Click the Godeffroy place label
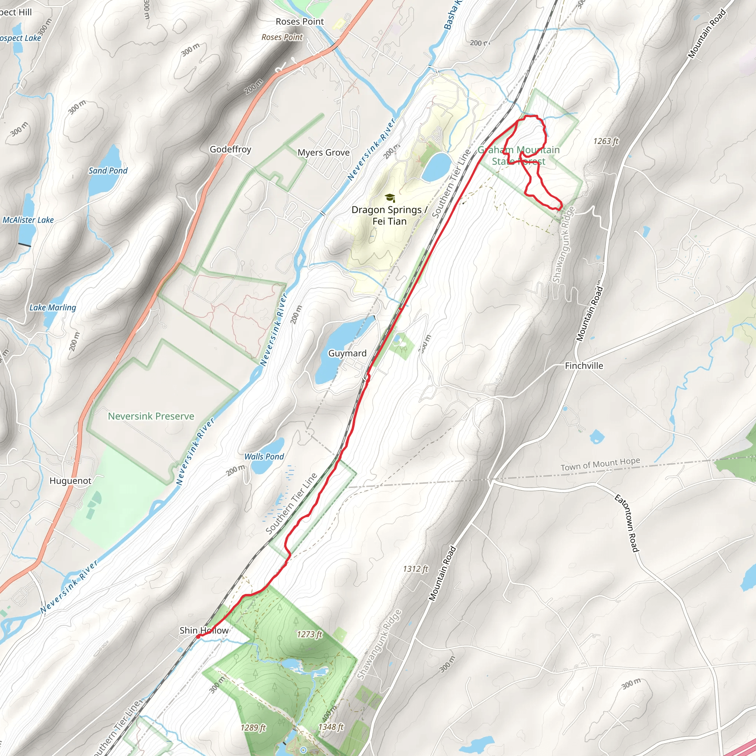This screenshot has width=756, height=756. pyautogui.click(x=230, y=149)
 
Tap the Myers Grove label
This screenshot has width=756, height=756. pyautogui.click(x=324, y=152)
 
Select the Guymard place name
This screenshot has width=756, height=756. pyautogui.click(x=347, y=353)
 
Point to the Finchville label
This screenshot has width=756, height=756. pyautogui.click(x=584, y=365)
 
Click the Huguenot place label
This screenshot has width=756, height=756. pyautogui.click(x=71, y=481)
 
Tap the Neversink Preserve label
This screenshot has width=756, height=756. pyautogui.click(x=151, y=416)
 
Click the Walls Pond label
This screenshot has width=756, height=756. pyautogui.click(x=264, y=456)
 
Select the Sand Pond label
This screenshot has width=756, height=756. pyautogui.click(x=108, y=171)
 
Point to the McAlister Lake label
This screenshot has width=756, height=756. pyautogui.click(x=28, y=220)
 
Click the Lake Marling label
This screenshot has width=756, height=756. pyautogui.click(x=53, y=307)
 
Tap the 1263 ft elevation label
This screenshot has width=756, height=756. pyautogui.click(x=606, y=141)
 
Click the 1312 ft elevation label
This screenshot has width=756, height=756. pyautogui.click(x=416, y=568)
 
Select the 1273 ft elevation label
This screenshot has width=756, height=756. pyautogui.click(x=309, y=634)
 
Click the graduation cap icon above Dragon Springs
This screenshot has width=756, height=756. pyautogui.click(x=390, y=197)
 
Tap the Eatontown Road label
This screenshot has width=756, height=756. pyautogui.click(x=627, y=523)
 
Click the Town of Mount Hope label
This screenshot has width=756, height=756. pyautogui.click(x=600, y=464)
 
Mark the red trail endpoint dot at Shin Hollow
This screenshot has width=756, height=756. pyautogui.click(x=198, y=637)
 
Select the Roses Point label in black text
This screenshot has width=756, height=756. pyautogui.click(x=300, y=21)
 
